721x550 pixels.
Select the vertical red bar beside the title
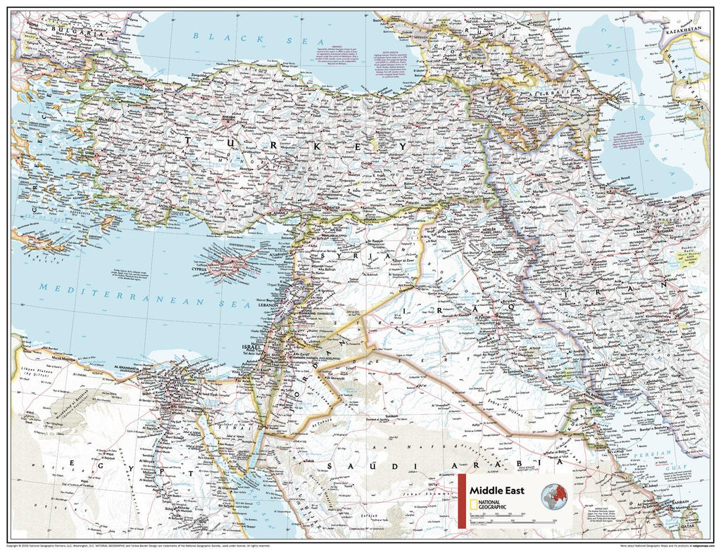[462, 501]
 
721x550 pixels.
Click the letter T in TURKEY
[187, 141]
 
